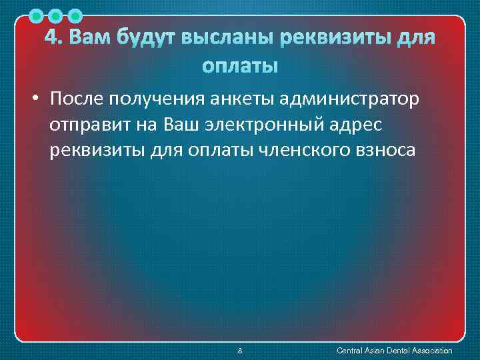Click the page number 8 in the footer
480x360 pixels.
(x=240, y=351)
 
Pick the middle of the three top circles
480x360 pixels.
(x=57, y=15)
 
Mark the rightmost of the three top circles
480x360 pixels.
(x=75, y=15)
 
